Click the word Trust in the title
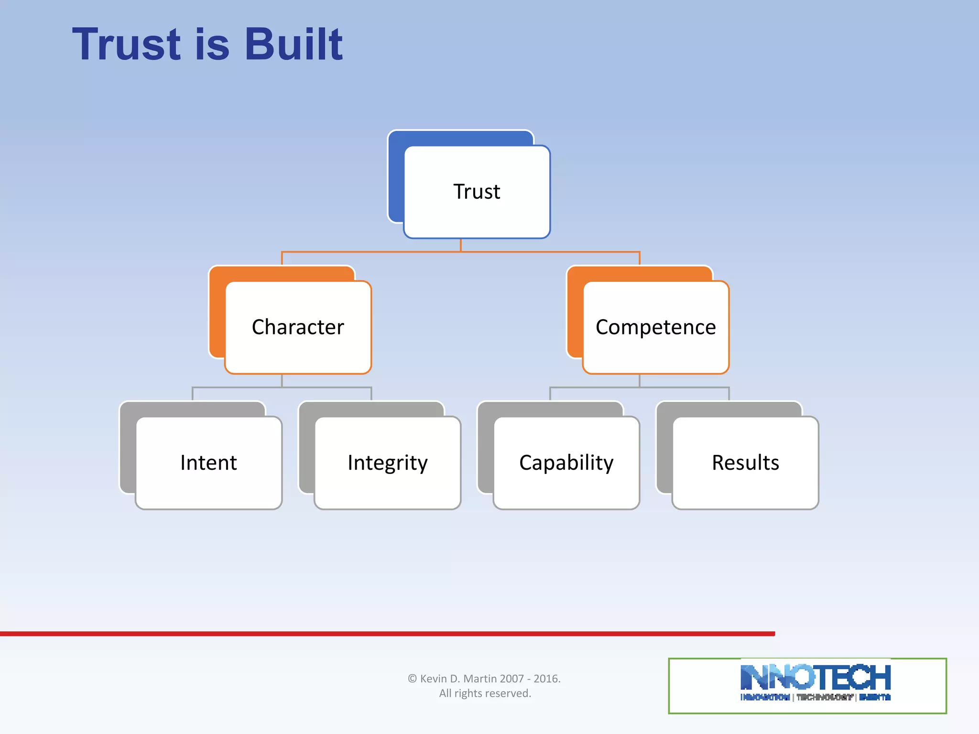pos(127,44)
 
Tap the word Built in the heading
pos(294,44)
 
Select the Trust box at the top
pos(477,192)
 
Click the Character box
pos(298,327)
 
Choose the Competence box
pos(655,327)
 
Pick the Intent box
pos(208,463)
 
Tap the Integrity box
pos(387,463)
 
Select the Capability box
pos(566,463)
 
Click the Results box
pos(745,463)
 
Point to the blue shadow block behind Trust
pos(396,182)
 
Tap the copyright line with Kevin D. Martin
pos(484,679)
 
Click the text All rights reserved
pos(485,693)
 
